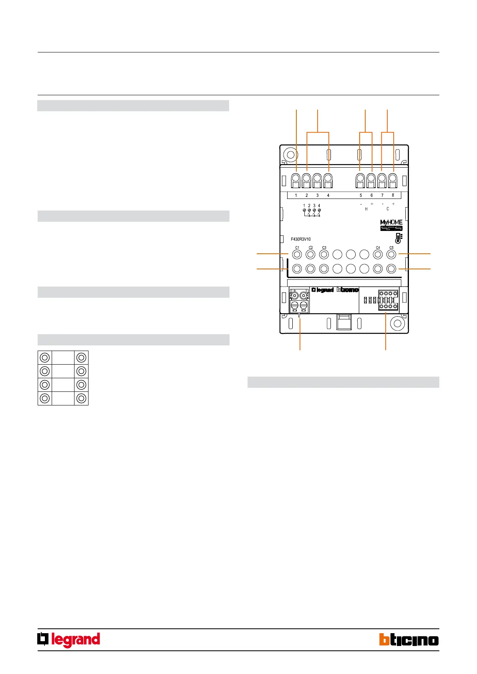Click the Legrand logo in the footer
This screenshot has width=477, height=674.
(69, 640)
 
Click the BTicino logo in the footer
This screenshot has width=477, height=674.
(409, 639)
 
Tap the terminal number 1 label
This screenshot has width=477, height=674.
(296, 195)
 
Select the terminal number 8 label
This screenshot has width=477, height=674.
(393, 195)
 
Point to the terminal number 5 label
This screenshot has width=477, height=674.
(360, 195)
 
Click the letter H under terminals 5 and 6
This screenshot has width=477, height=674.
(366, 209)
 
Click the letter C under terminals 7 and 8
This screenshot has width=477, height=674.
(388, 209)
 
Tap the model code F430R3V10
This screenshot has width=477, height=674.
(301, 239)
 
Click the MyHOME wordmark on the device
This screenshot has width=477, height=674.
(391, 222)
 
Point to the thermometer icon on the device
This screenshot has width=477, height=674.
(398, 238)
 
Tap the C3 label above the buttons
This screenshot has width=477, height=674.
(324, 248)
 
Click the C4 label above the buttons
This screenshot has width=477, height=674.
(378, 248)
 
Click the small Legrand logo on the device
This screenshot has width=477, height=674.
(322, 290)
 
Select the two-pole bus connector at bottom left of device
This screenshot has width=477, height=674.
(299, 301)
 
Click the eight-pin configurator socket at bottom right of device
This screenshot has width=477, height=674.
(388, 300)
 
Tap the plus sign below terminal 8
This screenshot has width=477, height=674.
(393, 204)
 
